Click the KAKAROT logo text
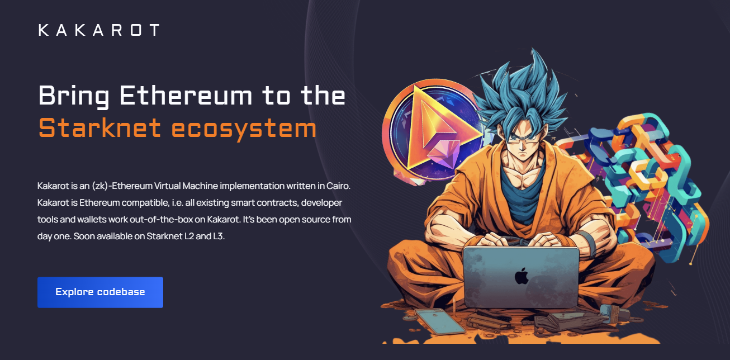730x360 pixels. click(x=99, y=30)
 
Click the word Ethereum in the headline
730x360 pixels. click(x=186, y=95)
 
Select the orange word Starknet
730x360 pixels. click(x=99, y=127)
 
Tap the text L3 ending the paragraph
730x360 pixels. click(x=219, y=236)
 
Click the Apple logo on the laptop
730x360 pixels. click(x=522, y=276)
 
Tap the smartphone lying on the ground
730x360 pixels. click(x=440, y=321)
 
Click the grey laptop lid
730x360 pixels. click(x=521, y=277)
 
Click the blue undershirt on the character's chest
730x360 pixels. click(x=522, y=192)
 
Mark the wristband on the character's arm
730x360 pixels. click(x=589, y=243)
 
